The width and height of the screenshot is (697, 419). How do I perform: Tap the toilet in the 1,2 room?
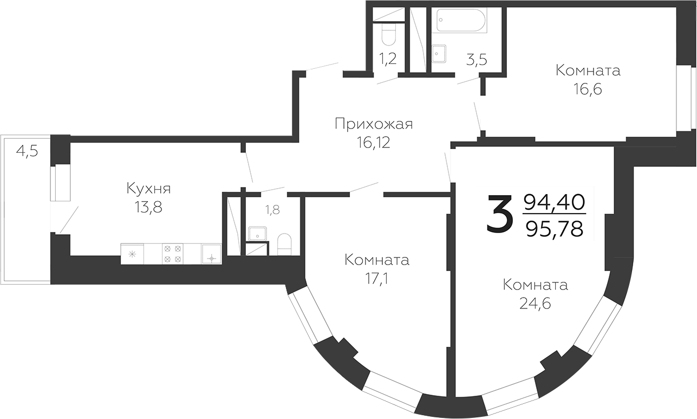click(x=388, y=35)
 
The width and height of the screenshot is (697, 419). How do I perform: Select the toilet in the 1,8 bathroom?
click(x=285, y=243)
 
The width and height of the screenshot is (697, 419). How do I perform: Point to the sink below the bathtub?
click(x=439, y=54)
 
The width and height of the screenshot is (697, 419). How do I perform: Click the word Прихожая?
click(x=373, y=124)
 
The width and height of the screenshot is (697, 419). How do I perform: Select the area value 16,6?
click(x=588, y=88)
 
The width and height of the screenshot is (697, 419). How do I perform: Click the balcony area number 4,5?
click(x=27, y=151)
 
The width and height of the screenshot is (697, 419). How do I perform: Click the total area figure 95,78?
click(x=555, y=230)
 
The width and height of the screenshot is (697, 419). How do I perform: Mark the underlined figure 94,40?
click(x=555, y=203)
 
